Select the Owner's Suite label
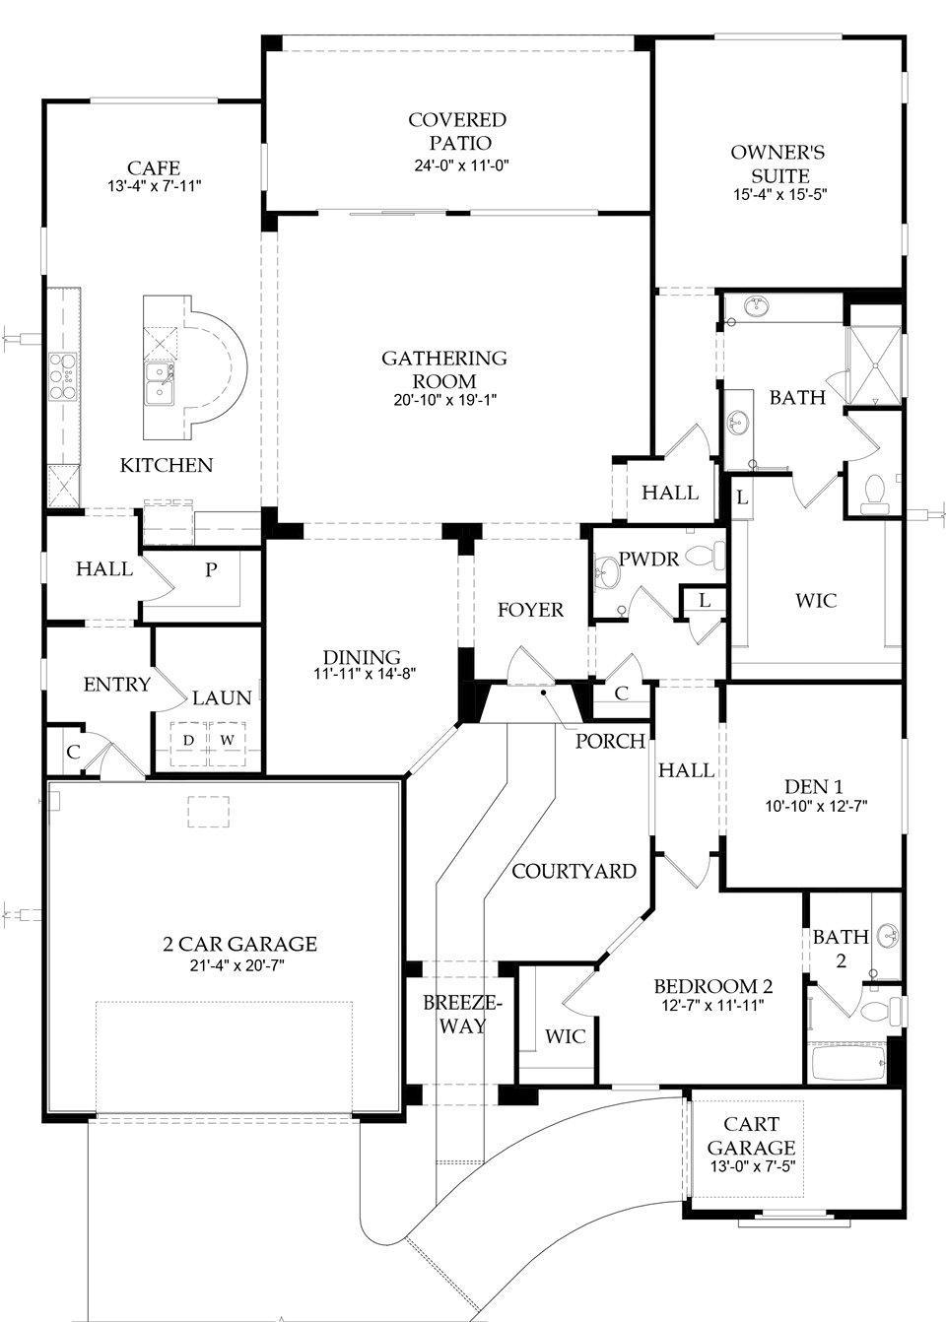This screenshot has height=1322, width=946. point(777,165)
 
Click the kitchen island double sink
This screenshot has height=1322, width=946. point(160,382)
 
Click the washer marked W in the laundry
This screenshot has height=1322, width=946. point(227,739)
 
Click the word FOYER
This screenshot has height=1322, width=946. point(530,610)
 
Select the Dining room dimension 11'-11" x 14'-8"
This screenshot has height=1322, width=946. point(363,675)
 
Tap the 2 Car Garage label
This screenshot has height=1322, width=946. point(240,944)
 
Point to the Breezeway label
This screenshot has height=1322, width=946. point(462,1014)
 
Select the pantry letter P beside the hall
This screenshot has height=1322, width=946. point(210,568)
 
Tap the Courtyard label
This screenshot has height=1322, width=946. point(574,871)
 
